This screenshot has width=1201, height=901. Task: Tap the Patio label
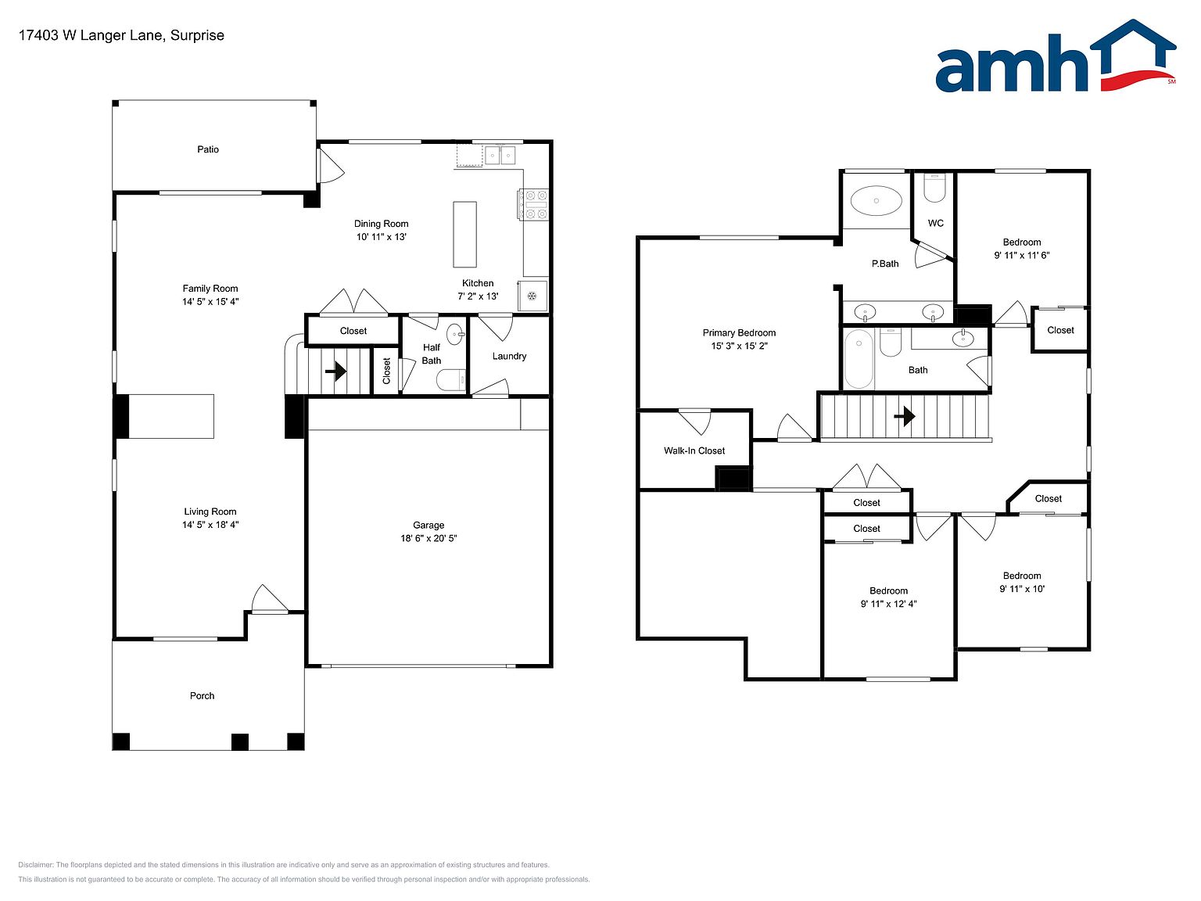(208, 149)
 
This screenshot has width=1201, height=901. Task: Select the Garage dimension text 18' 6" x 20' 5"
(428, 538)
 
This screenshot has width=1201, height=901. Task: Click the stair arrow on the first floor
(335, 371)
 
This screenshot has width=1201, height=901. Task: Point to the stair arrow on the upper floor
(905, 416)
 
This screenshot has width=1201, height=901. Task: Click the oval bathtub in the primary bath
(876, 201)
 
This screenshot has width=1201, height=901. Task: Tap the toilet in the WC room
(934, 188)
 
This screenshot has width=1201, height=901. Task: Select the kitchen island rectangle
(464, 234)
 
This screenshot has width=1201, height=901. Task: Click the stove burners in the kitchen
(533, 205)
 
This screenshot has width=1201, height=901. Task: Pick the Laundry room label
(509, 356)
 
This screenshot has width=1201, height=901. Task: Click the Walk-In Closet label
(694, 450)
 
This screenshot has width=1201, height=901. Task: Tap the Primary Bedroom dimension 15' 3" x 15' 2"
(739, 346)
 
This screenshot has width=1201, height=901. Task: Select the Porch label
(202, 696)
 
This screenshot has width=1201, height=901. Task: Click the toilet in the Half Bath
(451, 380)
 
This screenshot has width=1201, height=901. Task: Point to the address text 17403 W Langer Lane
(91, 35)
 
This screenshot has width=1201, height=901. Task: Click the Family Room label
(210, 289)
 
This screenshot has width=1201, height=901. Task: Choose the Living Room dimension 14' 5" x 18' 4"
(210, 525)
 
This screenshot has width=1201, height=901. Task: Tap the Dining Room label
(381, 224)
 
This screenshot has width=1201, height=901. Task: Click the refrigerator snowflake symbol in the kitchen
(531, 296)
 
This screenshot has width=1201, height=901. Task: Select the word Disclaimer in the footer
(35, 865)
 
